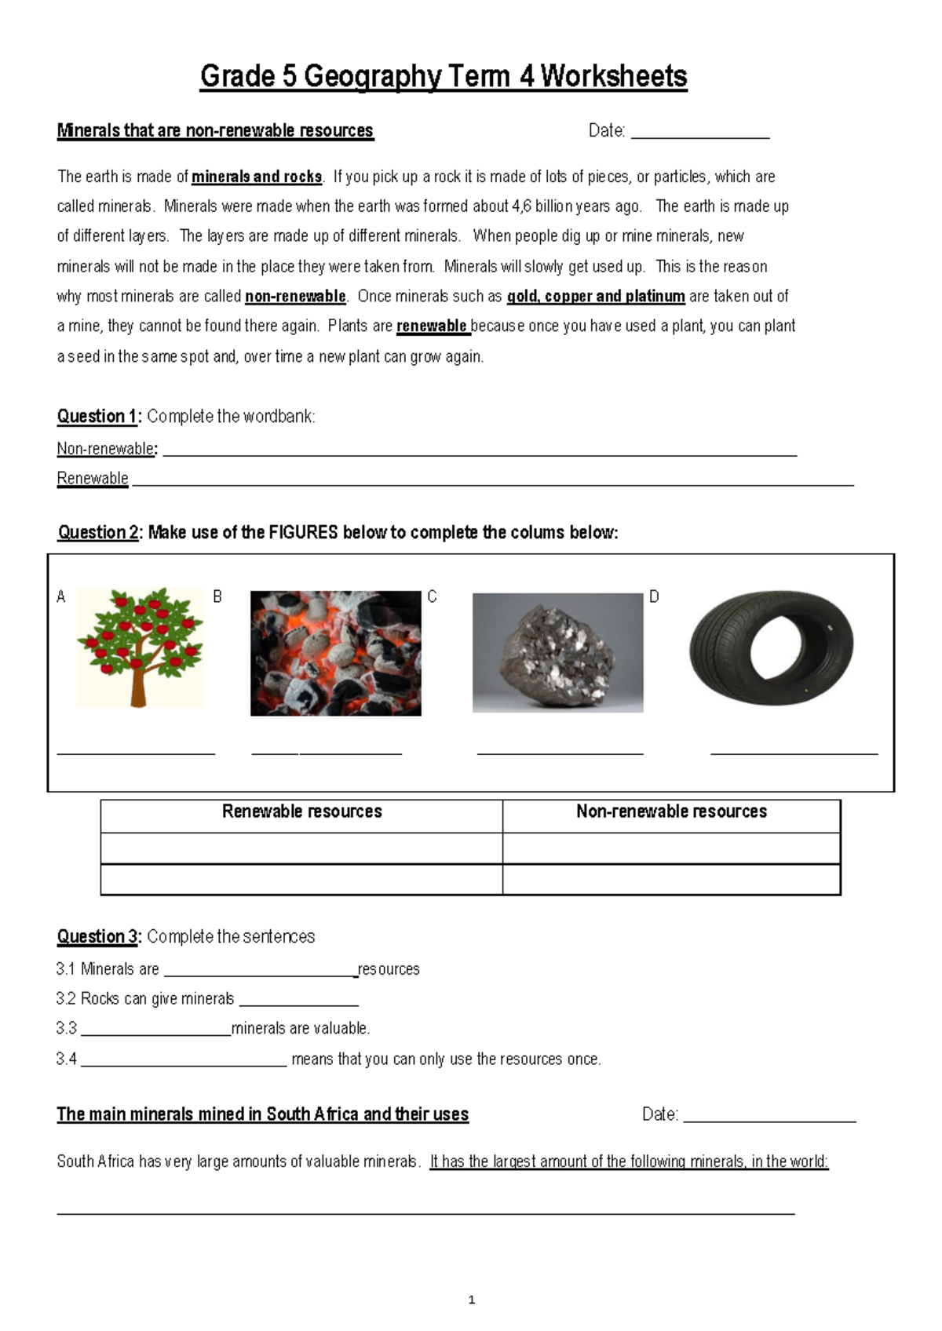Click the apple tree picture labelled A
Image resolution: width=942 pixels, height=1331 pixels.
point(140,647)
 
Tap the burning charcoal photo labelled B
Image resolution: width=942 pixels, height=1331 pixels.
point(335,653)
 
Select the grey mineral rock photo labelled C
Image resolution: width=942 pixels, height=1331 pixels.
point(557,653)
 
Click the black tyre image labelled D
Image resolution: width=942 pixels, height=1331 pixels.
point(771,648)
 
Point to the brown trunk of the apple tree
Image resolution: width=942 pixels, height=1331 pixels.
point(139,687)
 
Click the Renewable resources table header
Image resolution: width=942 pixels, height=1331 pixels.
point(301,811)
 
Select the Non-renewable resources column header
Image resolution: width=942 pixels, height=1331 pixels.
point(671,811)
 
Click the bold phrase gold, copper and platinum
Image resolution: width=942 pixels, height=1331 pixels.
point(596,297)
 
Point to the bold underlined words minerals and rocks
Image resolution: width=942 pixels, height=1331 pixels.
point(257,177)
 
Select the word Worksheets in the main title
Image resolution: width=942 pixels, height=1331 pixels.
point(614,77)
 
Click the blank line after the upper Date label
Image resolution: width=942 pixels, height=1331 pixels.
point(699,133)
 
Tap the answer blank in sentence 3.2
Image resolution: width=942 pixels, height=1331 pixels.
point(298,1001)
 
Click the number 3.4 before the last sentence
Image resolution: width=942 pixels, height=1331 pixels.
point(67,1059)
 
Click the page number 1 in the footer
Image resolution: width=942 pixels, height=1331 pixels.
point(471,1300)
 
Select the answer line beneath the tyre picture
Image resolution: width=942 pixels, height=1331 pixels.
point(794,752)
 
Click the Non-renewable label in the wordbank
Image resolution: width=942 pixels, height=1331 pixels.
point(105,449)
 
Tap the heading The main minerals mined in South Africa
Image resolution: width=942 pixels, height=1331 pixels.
point(262,1114)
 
